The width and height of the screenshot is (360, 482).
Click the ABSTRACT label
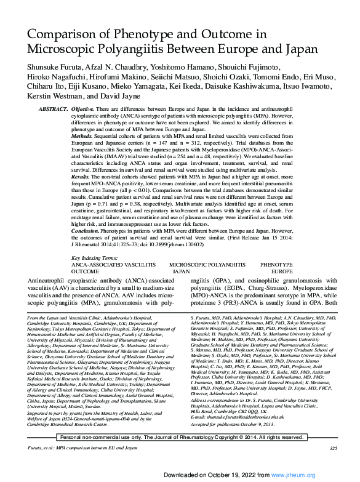pos(54,109)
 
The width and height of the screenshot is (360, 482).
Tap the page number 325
pos(333,465)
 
